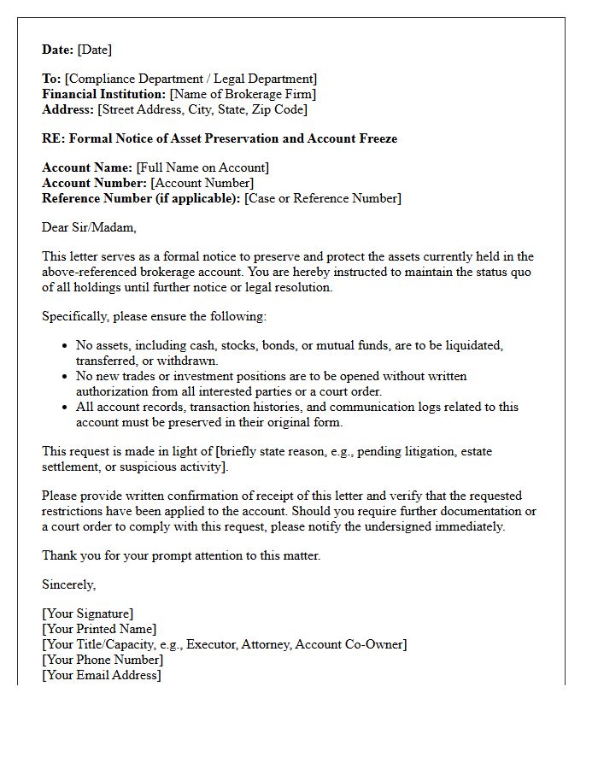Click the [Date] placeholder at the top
click(x=95, y=50)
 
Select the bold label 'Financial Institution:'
click(x=104, y=94)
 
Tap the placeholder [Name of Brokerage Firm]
click(x=243, y=94)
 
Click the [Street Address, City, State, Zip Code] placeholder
click(x=202, y=109)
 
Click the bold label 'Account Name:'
click(x=87, y=167)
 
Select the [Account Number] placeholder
click(x=202, y=183)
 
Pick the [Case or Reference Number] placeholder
click(x=322, y=198)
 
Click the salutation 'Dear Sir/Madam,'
click(x=89, y=227)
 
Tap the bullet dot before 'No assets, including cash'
click(x=66, y=346)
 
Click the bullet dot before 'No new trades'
click(x=66, y=377)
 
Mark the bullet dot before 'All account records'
click(x=66, y=408)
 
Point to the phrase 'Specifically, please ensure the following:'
click(x=154, y=316)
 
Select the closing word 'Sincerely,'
click(x=69, y=584)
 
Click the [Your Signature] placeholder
click(x=87, y=613)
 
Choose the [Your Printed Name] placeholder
click(x=99, y=629)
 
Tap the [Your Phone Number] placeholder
click(x=103, y=660)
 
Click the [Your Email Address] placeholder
click(x=101, y=675)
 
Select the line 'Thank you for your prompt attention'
click(x=181, y=555)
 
